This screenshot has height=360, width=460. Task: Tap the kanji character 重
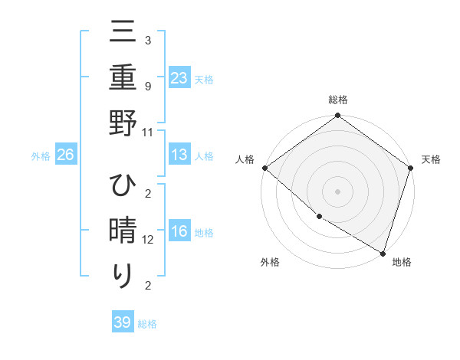click(123, 77)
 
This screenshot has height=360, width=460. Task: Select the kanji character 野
click(123, 122)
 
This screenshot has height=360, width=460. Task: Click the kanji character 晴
click(123, 231)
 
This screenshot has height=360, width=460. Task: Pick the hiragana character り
click(123, 275)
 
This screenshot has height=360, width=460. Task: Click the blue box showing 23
click(179, 77)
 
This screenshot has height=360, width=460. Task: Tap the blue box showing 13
click(179, 155)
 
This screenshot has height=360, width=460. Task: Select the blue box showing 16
click(179, 231)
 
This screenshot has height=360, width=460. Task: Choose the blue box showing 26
click(65, 155)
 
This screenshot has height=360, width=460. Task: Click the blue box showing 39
click(122, 322)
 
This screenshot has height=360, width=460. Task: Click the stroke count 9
click(147, 87)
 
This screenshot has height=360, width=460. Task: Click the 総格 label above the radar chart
click(337, 100)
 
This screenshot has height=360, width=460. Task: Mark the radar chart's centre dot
click(337, 191)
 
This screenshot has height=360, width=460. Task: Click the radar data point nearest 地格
click(383, 252)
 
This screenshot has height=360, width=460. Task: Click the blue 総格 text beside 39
click(148, 324)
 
